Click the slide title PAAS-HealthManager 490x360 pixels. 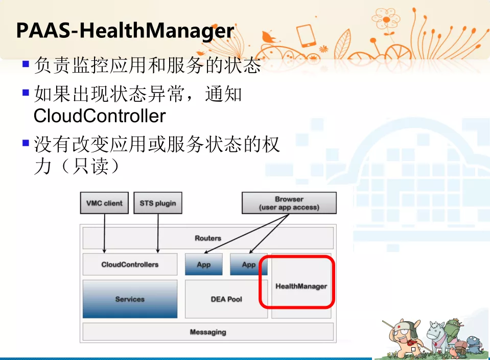coord(125,31)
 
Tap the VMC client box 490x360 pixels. coord(104,203)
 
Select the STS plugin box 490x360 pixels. coord(158,203)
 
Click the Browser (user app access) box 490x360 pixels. coord(289,203)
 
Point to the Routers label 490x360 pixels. coord(208,238)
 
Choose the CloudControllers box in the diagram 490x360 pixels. coord(130,264)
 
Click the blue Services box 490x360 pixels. coord(130,299)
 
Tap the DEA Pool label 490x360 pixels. coord(226,299)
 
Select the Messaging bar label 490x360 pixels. coord(208,332)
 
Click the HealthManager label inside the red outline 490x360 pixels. coord(301,286)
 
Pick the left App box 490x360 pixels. coord(204,264)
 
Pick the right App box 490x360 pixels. coord(249,264)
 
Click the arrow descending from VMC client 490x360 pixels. coord(104,234)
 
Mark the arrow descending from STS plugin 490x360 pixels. coord(158,234)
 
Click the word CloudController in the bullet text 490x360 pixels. coord(99,116)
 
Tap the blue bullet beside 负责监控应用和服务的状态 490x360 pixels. coord(26,64)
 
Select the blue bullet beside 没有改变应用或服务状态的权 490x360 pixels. coord(26,143)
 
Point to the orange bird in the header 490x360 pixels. coord(269,37)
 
